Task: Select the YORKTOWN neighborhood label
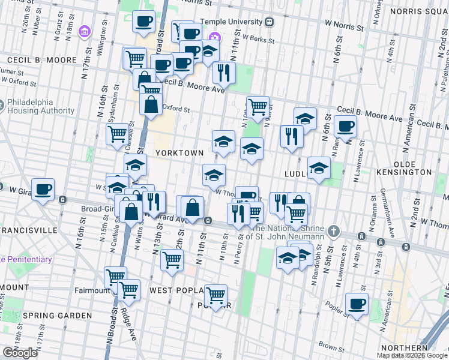click(179, 153)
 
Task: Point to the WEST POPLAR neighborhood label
click(174, 290)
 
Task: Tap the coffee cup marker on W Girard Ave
click(43, 190)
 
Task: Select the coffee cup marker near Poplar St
click(357, 304)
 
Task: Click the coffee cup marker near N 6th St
click(345, 126)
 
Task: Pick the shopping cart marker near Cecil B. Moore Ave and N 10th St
click(258, 107)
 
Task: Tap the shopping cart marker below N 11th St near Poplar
click(215, 295)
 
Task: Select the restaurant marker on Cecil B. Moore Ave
click(224, 73)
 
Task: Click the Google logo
click(20, 353)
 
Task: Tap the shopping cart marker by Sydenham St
click(118, 134)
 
